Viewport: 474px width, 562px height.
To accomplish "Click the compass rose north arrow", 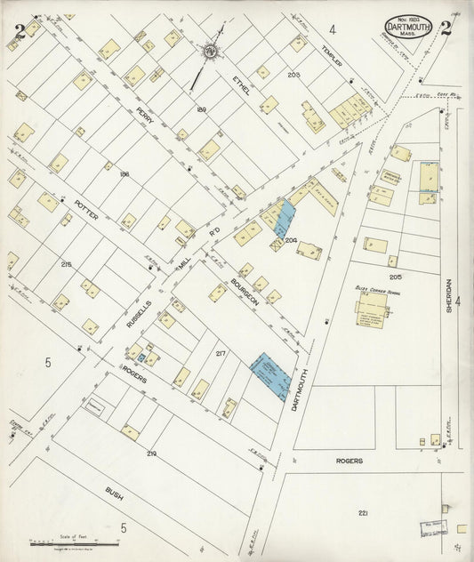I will point(211,53).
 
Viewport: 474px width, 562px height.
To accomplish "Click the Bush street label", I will point(113,491).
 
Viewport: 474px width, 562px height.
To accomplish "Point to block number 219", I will point(151,454).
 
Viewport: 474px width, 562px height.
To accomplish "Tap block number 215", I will point(66,264).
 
